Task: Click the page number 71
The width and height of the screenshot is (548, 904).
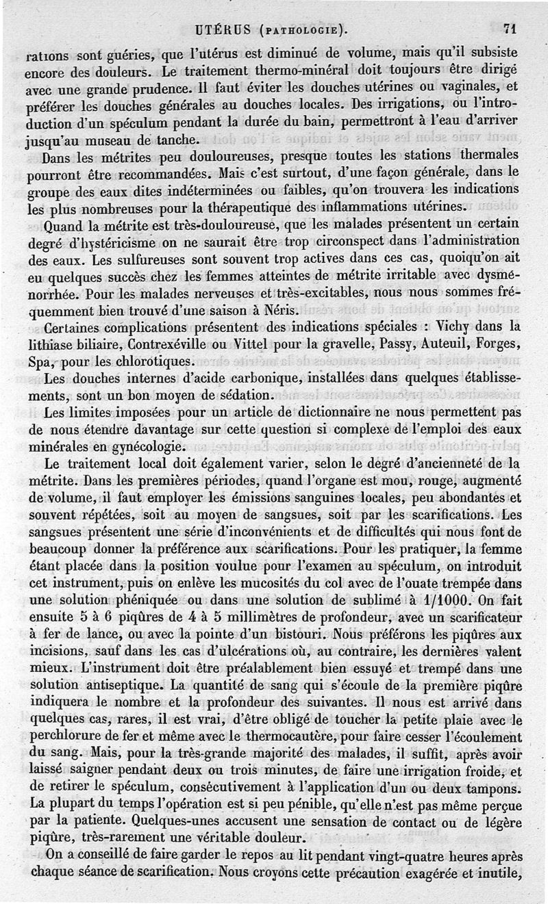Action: click(509, 29)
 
